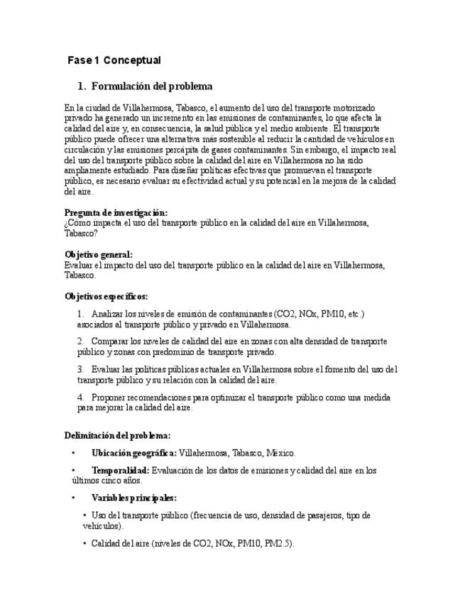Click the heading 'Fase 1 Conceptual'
[114, 60]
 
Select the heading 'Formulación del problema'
[152, 87]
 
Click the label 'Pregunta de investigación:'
[116, 212]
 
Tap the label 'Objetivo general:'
[98, 254]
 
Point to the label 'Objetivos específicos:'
[106, 296]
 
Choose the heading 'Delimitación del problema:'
[117, 435]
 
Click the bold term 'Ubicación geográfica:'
[134, 452]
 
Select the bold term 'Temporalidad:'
[120, 470]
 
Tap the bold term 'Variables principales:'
[134, 498]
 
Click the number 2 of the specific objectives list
[80, 341]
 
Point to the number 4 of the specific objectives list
[80, 398]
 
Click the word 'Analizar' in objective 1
[107, 314]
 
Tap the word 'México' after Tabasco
[279, 452]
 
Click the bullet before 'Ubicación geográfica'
[73, 452]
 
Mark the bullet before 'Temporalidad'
[73, 470]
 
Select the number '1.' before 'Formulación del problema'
[82, 87]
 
